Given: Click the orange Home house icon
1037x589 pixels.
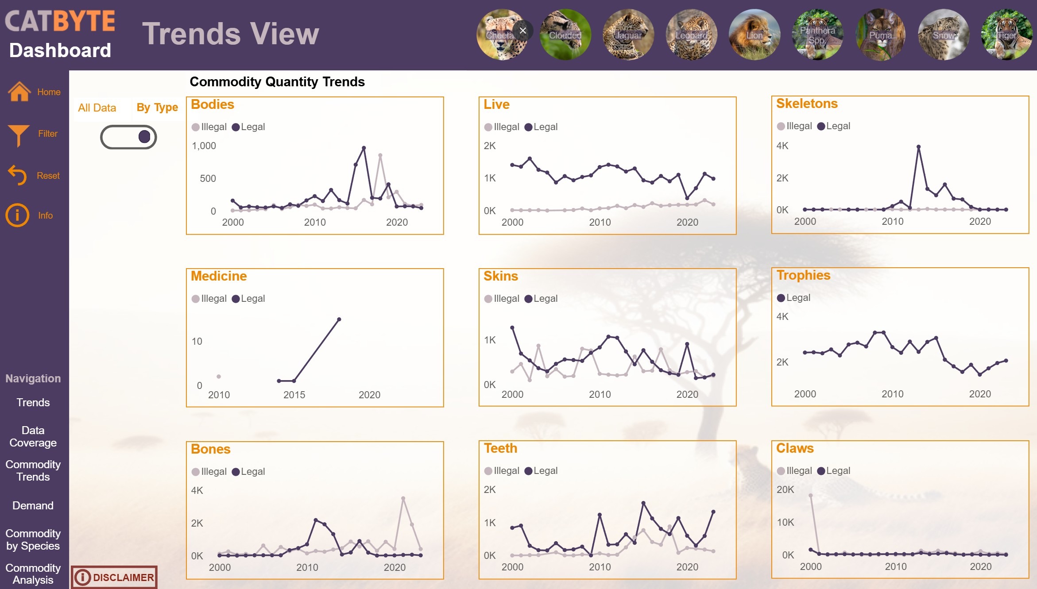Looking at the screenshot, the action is point(19,92).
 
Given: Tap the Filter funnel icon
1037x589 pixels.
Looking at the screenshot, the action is point(19,135).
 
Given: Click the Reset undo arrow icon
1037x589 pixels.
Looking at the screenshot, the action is point(18,175).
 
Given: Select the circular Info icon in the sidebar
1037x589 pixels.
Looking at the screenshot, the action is point(17,215).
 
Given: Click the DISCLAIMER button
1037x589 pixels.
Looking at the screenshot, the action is point(114,577).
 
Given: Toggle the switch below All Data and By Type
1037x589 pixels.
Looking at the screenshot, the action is point(128,137).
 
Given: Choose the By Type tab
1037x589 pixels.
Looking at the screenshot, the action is point(157,108).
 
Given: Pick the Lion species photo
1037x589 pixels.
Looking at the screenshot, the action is point(755,35).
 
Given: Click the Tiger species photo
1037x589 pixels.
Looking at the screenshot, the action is point(1006,35).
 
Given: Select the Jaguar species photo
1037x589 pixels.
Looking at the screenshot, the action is point(628,35).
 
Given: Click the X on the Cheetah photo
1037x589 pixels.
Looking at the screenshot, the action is point(523,31).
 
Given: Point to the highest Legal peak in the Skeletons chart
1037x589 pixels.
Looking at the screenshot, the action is point(918,146).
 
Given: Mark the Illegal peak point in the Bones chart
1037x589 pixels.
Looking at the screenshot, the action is point(403,498).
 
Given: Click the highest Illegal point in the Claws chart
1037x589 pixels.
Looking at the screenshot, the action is point(811,496).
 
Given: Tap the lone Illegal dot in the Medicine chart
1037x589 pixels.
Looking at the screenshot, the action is point(219,377).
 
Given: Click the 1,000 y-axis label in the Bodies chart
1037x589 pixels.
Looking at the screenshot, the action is point(204,146).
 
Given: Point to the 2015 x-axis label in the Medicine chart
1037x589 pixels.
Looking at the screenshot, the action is point(294,395).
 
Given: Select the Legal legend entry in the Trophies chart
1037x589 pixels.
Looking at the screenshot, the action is point(794,298).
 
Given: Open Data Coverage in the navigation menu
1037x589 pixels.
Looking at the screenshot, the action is point(33,436).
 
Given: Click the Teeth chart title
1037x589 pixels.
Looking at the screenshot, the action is point(500,448).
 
